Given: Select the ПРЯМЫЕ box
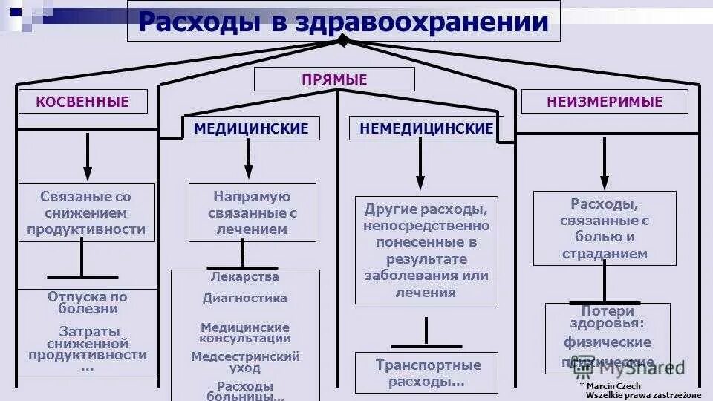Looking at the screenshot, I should pos(334,79).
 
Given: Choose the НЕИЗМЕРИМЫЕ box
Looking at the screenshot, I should pos(605,102).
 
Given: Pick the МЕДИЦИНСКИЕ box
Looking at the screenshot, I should pos(251,128).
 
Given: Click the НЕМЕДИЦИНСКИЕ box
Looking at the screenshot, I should pos(426,128).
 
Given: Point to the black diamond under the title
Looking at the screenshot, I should pos(342,40).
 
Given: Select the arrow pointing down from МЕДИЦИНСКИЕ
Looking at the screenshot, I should pos(249,159).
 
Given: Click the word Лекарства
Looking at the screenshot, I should pos(245,277).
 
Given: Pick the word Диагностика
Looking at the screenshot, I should pos(245,299).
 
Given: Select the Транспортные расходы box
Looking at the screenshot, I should pos(428,374).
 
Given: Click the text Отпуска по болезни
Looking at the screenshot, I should pos(88,303).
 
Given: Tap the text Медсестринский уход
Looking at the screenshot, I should pos(245,362).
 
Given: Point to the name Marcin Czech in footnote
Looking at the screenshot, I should pos(613,386).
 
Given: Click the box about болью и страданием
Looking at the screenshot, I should pos(605,228).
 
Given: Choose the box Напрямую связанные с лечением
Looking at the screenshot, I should pos(252,213).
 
